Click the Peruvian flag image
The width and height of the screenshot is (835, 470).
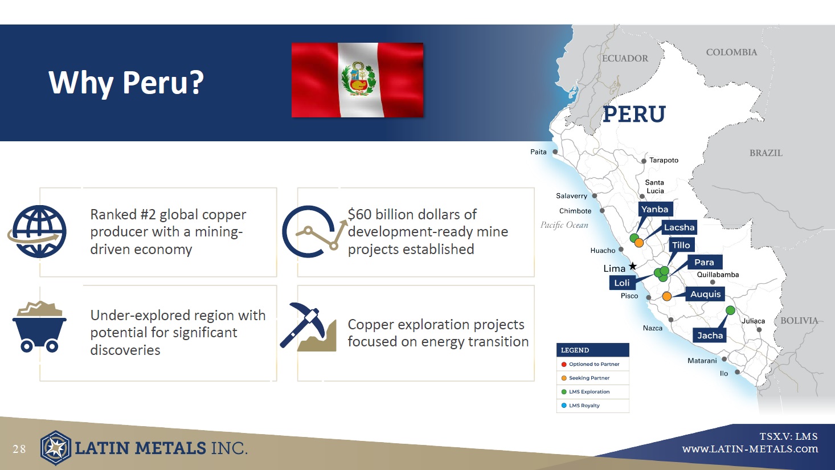point(357,80)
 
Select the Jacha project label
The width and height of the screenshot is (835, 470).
point(710,336)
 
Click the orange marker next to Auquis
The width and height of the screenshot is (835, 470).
point(667,296)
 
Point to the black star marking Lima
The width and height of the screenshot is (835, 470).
point(633,266)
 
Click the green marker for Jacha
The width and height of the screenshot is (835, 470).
point(730,310)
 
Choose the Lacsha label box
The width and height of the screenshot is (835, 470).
point(679,227)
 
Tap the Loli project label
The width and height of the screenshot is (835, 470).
point(622,283)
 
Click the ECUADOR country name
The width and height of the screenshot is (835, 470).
point(625,58)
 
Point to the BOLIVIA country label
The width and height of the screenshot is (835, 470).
point(799,321)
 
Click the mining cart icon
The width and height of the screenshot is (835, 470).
point(39,326)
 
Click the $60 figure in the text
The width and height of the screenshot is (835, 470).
point(359,214)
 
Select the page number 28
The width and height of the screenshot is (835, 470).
point(19,449)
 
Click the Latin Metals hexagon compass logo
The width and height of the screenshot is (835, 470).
point(56,448)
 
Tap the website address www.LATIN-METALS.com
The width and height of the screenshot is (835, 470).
point(750,449)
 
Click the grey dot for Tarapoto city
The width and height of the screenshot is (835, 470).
point(644,161)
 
